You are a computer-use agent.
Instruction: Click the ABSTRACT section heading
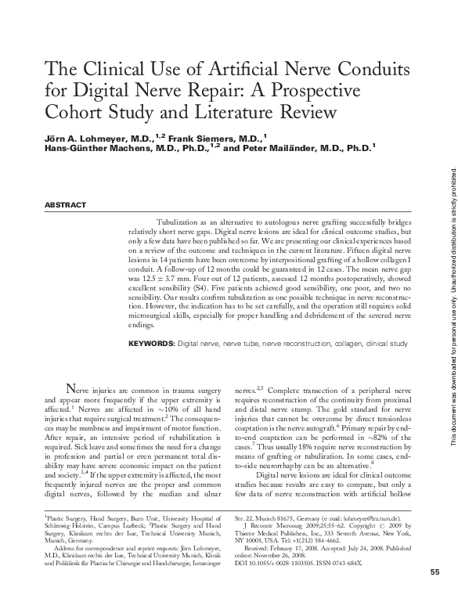(66, 205)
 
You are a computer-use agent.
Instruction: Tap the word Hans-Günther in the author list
(71, 146)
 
